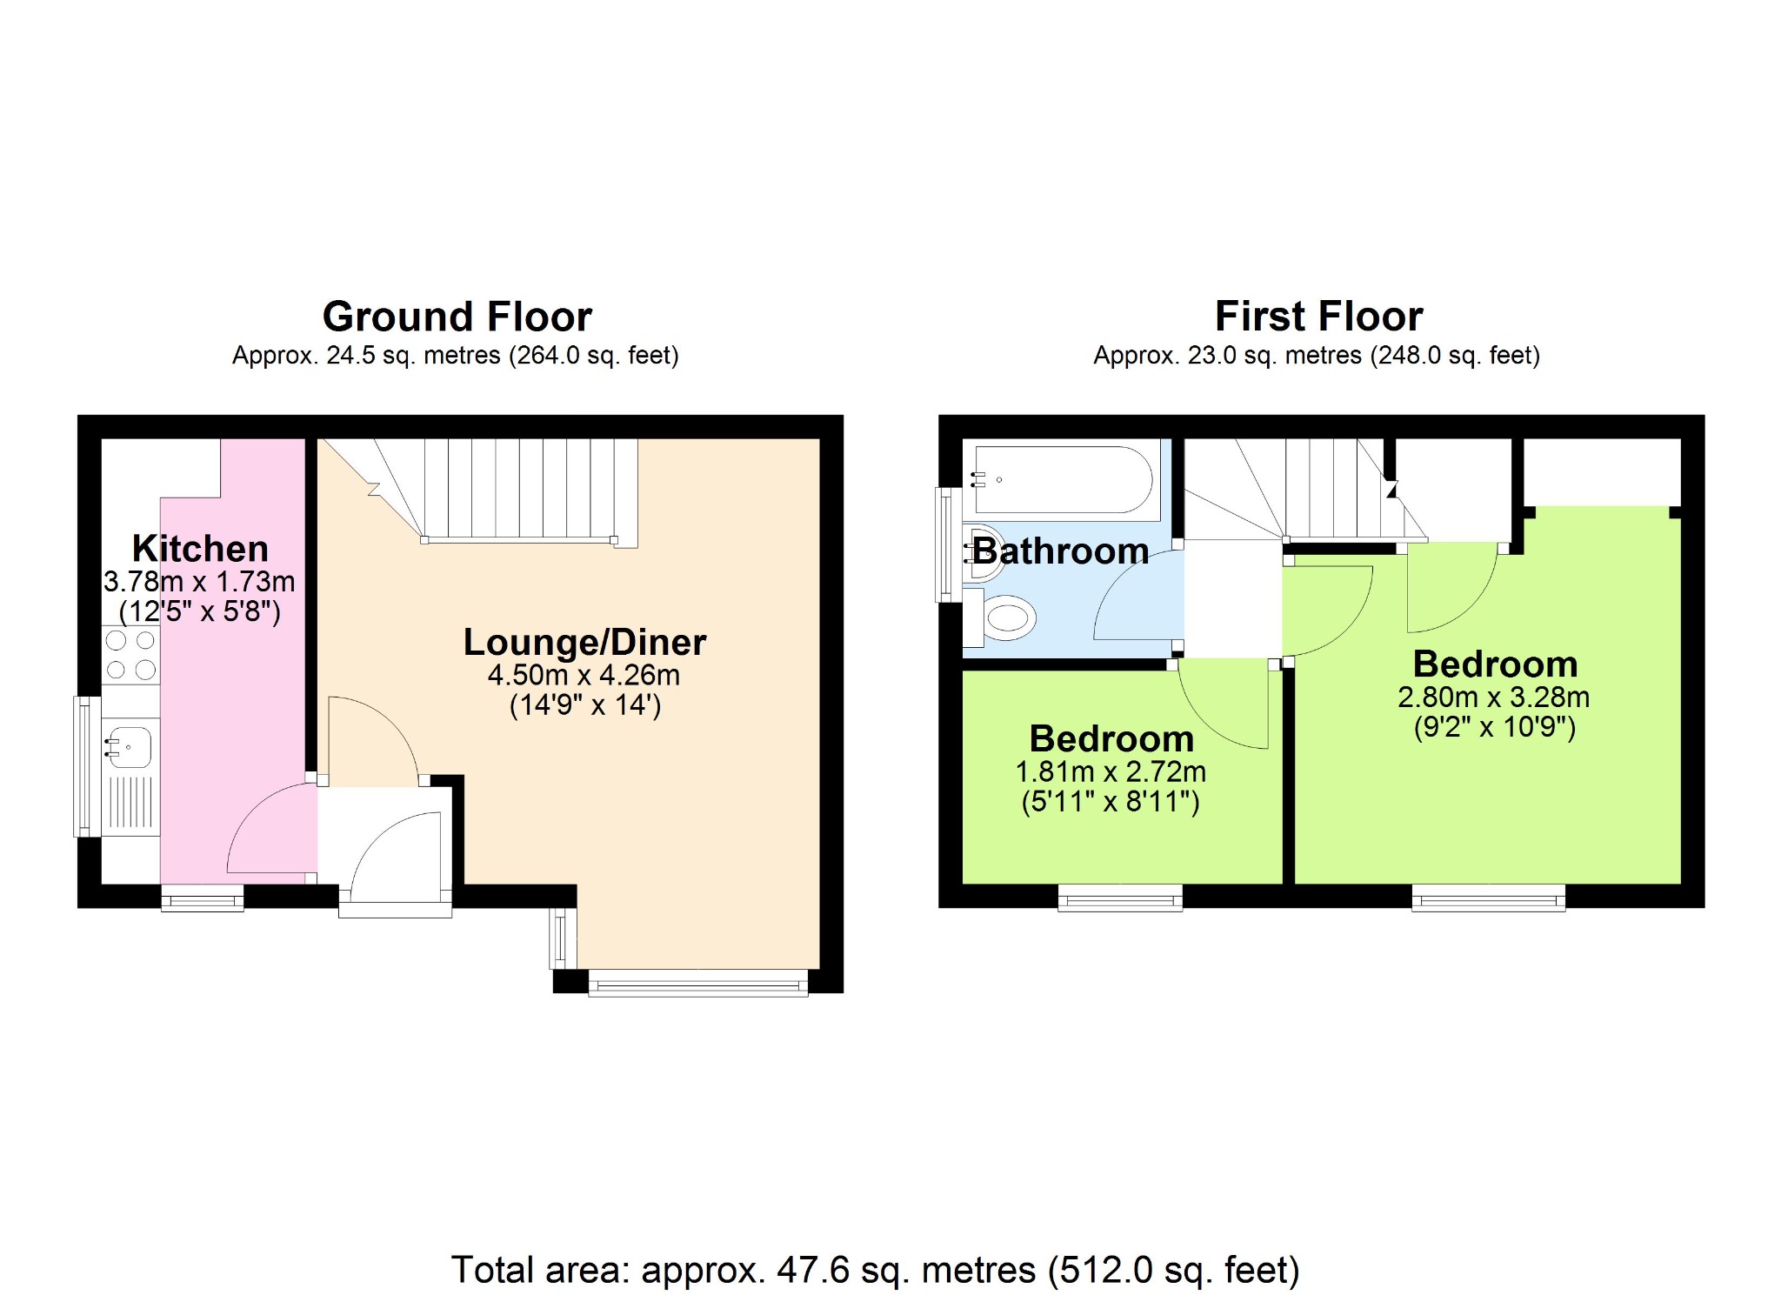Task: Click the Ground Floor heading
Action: [457, 317]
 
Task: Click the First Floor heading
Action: [1318, 317]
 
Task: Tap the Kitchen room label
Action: [200, 549]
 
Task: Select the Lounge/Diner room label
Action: [584, 643]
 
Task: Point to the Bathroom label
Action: [1060, 551]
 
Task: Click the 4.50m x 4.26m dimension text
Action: [584, 675]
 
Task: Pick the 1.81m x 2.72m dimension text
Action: [1111, 771]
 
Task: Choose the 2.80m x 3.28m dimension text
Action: [1493, 697]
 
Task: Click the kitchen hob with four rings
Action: [130, 655]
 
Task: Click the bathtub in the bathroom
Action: [1063, 479]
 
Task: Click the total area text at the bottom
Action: [875, 1270]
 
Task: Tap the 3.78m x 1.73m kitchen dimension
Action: [199, 581]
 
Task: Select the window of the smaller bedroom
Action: [1120, 898]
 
